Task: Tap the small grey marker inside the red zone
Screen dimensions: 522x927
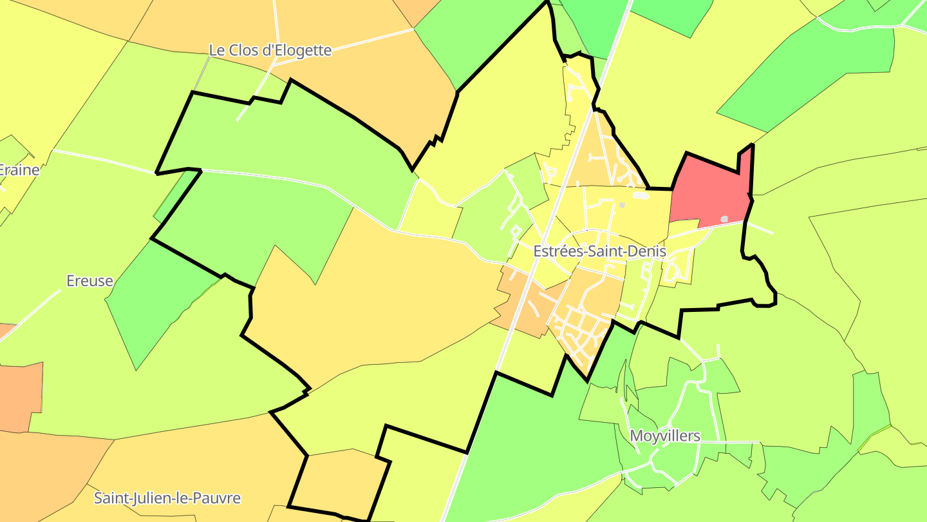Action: click(x=725, y=219)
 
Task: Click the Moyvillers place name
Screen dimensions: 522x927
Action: click(x=665, y=436)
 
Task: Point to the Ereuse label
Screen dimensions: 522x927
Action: click(x=90, y=281)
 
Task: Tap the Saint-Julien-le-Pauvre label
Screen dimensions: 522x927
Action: click(x=167, y=498)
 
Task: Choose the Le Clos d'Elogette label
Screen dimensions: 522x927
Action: click(x=270, y=50)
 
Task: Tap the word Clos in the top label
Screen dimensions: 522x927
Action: click(x=246, y=50)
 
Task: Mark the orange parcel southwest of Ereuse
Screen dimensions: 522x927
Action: click(x=19, y=396)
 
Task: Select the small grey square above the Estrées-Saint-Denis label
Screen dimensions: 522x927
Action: click(x=622, y=206)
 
